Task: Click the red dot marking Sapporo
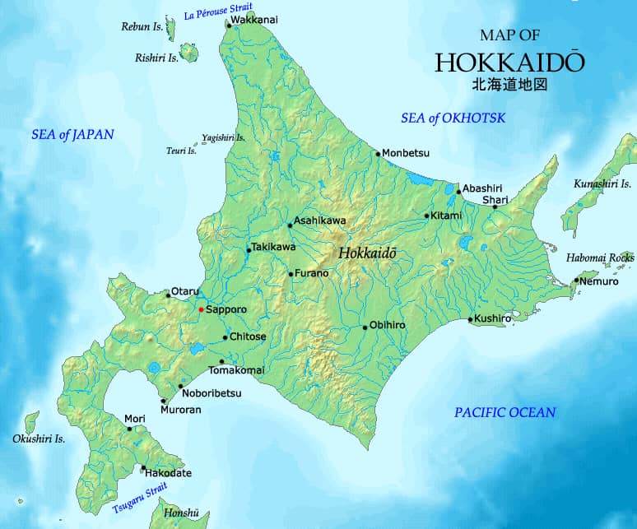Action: tap(201, 309)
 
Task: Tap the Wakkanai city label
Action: tap(254, 18)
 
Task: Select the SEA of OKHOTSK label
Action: tap(453, 118)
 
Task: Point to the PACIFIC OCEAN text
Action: tap(504, 412)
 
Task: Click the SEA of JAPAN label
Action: tap(72, 134)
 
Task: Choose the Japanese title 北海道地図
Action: tap(509, 84)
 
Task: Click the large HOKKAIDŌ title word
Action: tap(510, 63)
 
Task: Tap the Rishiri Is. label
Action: tap(156, 58)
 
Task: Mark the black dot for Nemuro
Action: tap(576, 281)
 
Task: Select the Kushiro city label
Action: tap(494, 318)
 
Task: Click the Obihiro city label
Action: tap(387, 326)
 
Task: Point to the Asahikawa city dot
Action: tap(290, 225)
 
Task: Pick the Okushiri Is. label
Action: tap(39, 439)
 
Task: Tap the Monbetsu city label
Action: tap(406, 153)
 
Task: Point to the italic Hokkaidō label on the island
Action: tap(367, 253)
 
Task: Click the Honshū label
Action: tap(181, 513)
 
